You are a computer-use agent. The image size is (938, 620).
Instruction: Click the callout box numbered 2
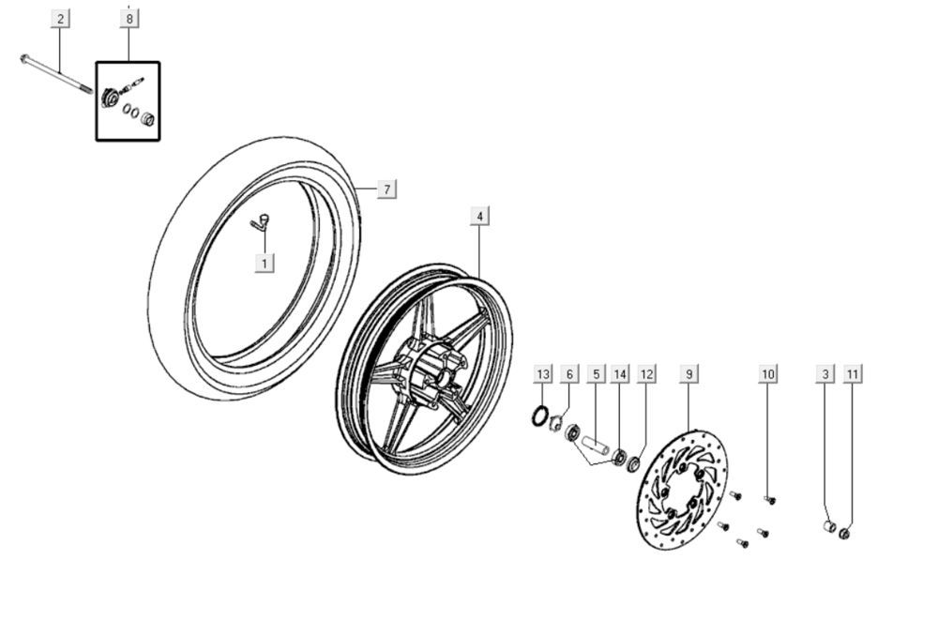(60, 19)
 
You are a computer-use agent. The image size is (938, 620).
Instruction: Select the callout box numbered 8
(129, 19)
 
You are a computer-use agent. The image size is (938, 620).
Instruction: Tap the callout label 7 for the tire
(386, 189)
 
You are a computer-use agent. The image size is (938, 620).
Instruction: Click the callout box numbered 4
(479, 217)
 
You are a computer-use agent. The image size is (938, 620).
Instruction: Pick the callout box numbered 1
(265, 264)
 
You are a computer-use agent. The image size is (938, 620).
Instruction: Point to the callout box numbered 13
(543, 374)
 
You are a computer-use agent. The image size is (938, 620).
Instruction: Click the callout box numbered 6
(569, 374)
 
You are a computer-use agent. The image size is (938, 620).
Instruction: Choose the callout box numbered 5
(595, 374)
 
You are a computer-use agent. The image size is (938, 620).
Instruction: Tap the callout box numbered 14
(620, 374)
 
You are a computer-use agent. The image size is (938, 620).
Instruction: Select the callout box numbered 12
(646, 374)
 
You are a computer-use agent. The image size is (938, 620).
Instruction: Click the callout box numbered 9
(688, 374)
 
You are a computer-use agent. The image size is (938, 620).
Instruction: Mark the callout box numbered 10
(768, 374)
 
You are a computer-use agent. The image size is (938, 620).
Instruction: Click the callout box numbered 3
(825, 374)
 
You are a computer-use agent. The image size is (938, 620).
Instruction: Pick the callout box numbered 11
(852, 374)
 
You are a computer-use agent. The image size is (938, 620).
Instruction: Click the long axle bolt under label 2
(56, 75)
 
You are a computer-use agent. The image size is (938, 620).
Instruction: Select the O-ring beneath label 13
(540, 415)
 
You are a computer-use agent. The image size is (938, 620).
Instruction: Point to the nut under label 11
(844, 534)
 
